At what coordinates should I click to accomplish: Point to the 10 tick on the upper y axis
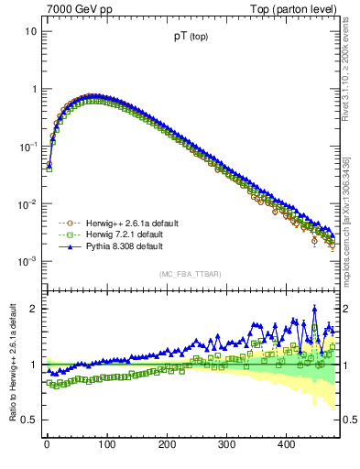(x=30, y=31)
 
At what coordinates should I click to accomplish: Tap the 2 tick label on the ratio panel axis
(x=33, y=309)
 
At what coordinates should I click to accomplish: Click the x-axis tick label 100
(x=106, y=444)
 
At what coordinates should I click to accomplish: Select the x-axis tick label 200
(x=167, y=444)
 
